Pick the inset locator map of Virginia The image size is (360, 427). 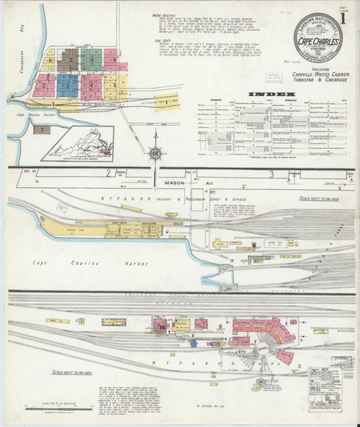click(78, 143)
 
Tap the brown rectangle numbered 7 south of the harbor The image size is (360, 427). click(43, 130)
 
